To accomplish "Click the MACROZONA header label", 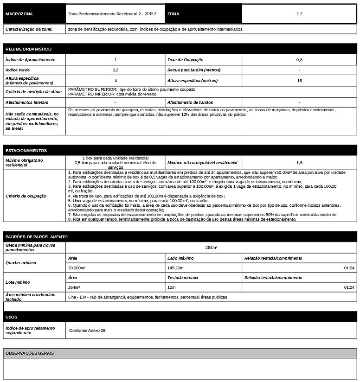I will coord(19,14).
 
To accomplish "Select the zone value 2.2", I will coord(299,14).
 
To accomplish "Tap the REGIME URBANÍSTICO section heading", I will coord(28,49).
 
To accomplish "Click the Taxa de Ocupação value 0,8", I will coord(299,60).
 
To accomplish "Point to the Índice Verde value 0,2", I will coord(115,70).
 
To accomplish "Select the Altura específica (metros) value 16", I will coord(299,81).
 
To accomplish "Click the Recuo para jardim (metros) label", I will coord(194,70).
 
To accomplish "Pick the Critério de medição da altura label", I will coord(33,92).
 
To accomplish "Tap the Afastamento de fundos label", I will coord(190,102).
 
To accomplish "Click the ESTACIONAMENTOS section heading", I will coord(26,151).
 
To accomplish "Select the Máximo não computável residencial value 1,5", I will coord(299,163).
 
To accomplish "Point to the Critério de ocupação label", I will coord(26,196).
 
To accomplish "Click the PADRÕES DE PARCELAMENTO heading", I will coord(37,237).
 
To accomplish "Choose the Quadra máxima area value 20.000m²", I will coord(77,268).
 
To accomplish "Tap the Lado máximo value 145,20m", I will coord(175,268).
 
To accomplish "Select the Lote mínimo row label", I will coord(18,282).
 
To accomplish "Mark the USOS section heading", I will coord(11,317).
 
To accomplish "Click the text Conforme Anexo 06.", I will coord(88,331).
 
